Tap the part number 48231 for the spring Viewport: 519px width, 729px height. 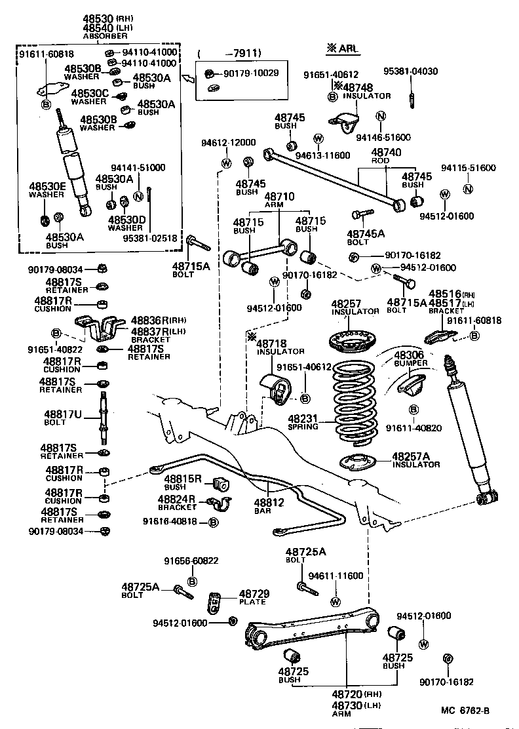(x=302, y=418)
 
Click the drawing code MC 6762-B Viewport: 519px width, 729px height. (x=465, y=711)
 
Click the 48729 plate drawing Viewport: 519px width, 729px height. (x=214, y=602)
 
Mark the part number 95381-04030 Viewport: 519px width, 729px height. (x=411, y=71)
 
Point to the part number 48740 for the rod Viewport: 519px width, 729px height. (x=386, y=151)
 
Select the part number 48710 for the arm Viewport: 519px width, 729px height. (x=280, y=196)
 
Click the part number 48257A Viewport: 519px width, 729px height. (x=412, y=456)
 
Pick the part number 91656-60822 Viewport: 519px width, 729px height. (x=191, y=561)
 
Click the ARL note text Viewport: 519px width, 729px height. (x=345, y=48)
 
